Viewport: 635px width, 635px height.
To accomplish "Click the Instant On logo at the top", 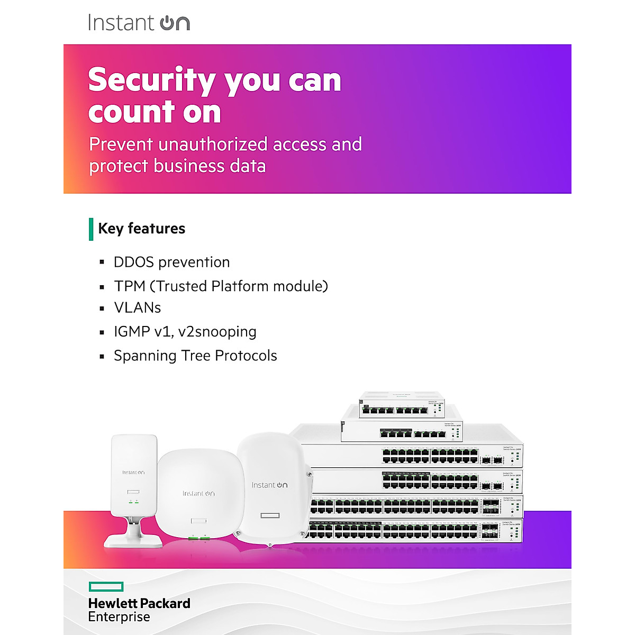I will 139,23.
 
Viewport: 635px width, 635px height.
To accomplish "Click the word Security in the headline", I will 151,80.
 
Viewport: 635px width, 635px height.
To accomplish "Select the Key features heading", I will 141,229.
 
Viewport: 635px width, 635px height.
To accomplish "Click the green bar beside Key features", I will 91,229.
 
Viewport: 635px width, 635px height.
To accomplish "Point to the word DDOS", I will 133,262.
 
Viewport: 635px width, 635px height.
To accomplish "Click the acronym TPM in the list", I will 130,286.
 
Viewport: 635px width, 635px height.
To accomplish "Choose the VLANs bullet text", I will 138,308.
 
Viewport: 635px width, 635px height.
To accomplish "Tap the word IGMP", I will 132,332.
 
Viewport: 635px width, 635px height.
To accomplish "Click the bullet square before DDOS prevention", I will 102,262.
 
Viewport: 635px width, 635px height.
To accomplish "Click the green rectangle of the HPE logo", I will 106,586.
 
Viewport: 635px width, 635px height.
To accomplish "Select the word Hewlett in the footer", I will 112,604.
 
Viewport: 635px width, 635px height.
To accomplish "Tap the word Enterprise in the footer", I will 119,617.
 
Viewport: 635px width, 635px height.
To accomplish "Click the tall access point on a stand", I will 133,476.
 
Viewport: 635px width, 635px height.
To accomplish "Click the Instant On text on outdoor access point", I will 269,485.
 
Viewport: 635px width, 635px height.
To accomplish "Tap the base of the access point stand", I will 133,540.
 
